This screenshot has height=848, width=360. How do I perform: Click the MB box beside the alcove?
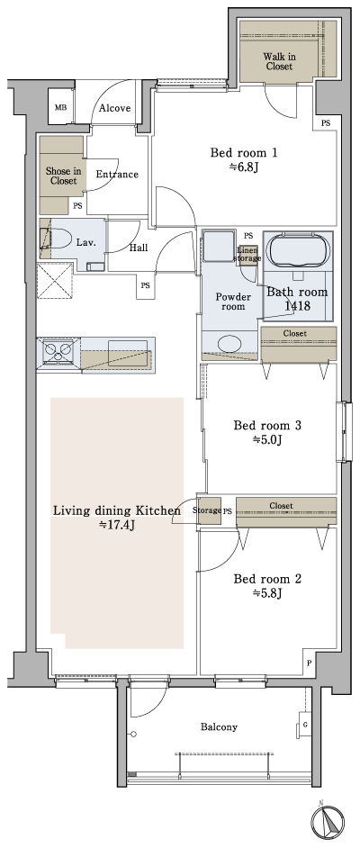[61, 108]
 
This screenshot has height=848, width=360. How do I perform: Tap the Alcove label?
[114, 108]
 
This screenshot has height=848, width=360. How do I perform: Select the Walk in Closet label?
[279, 60]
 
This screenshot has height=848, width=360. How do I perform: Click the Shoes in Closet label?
[63, 175]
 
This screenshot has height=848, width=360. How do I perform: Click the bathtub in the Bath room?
[296, 250]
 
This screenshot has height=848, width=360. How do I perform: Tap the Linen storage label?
[247, 255]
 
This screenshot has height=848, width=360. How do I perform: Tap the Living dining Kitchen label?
[117, 510]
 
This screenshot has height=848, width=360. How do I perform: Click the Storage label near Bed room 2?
[207, 510]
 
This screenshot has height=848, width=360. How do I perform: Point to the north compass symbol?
[328, 821]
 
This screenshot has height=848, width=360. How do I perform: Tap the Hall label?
[139, 248]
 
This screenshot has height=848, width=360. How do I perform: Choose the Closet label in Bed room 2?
[281, 506]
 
